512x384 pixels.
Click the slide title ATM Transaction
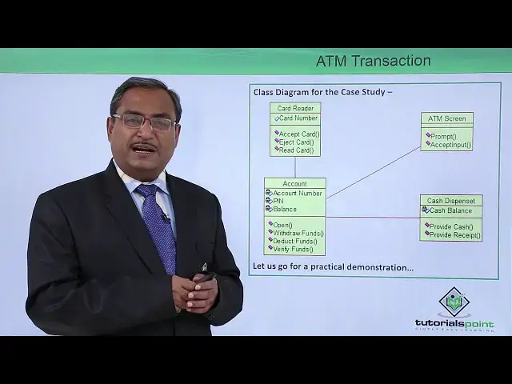click(373, 62)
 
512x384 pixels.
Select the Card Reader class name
click(294, 108)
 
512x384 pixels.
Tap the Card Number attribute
click(298, 118)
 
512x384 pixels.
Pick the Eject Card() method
click(296, 142)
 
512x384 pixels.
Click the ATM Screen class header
click(446, 118)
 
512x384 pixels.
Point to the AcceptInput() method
click(450, 145)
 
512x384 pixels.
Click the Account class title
click(294, 184)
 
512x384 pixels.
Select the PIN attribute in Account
click(278, 201)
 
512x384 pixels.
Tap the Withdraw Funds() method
click(297, 233)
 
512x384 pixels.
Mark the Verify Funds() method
click(293, 249)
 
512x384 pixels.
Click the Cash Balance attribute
click(450, 210)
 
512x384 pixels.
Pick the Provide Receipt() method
click(454, 234)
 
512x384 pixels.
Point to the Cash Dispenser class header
click(450, 201)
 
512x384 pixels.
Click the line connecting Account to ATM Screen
click(373, 173)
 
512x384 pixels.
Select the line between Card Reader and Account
click(294, 166)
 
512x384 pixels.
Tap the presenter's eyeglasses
click(144, 122)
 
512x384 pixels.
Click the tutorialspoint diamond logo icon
click(454, 302)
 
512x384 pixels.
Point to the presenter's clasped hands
click(194, 294)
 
